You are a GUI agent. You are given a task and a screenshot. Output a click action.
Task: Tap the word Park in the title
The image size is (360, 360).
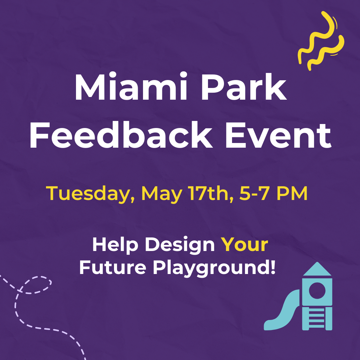click(244, 86)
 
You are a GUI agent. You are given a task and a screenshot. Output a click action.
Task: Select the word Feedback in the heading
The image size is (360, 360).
click(121, 135)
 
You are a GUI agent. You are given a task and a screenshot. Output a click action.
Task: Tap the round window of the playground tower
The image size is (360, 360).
click(317, 291)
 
